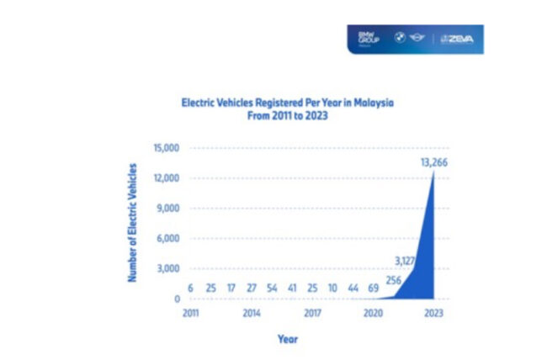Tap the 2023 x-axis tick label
point(433,311)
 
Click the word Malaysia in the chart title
point(371,102)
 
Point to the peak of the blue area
point(434,172)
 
